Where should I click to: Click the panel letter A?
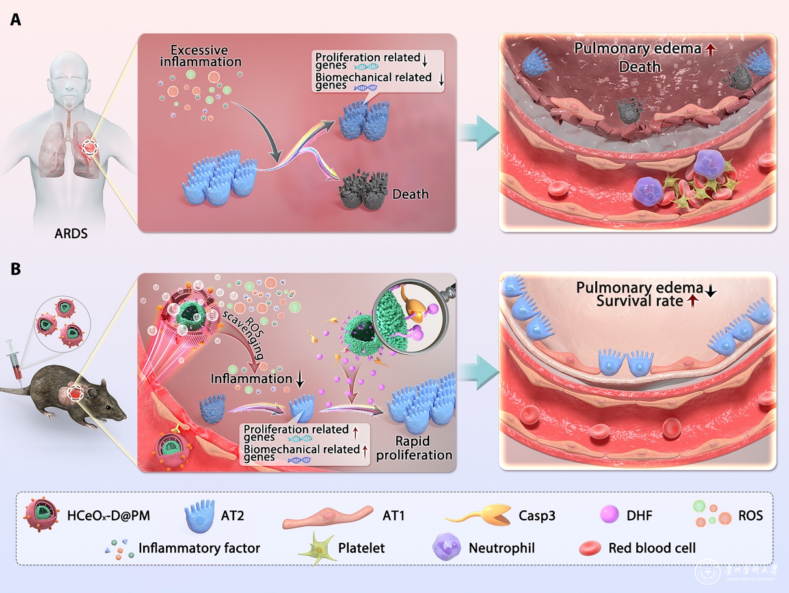(x=16, y=20)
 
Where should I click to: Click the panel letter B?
(x=16, y=269)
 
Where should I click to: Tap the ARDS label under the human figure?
(x=72, y=232)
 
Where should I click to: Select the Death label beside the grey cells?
(x=410, y=194)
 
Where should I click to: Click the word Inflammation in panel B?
(x=251, y=378)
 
